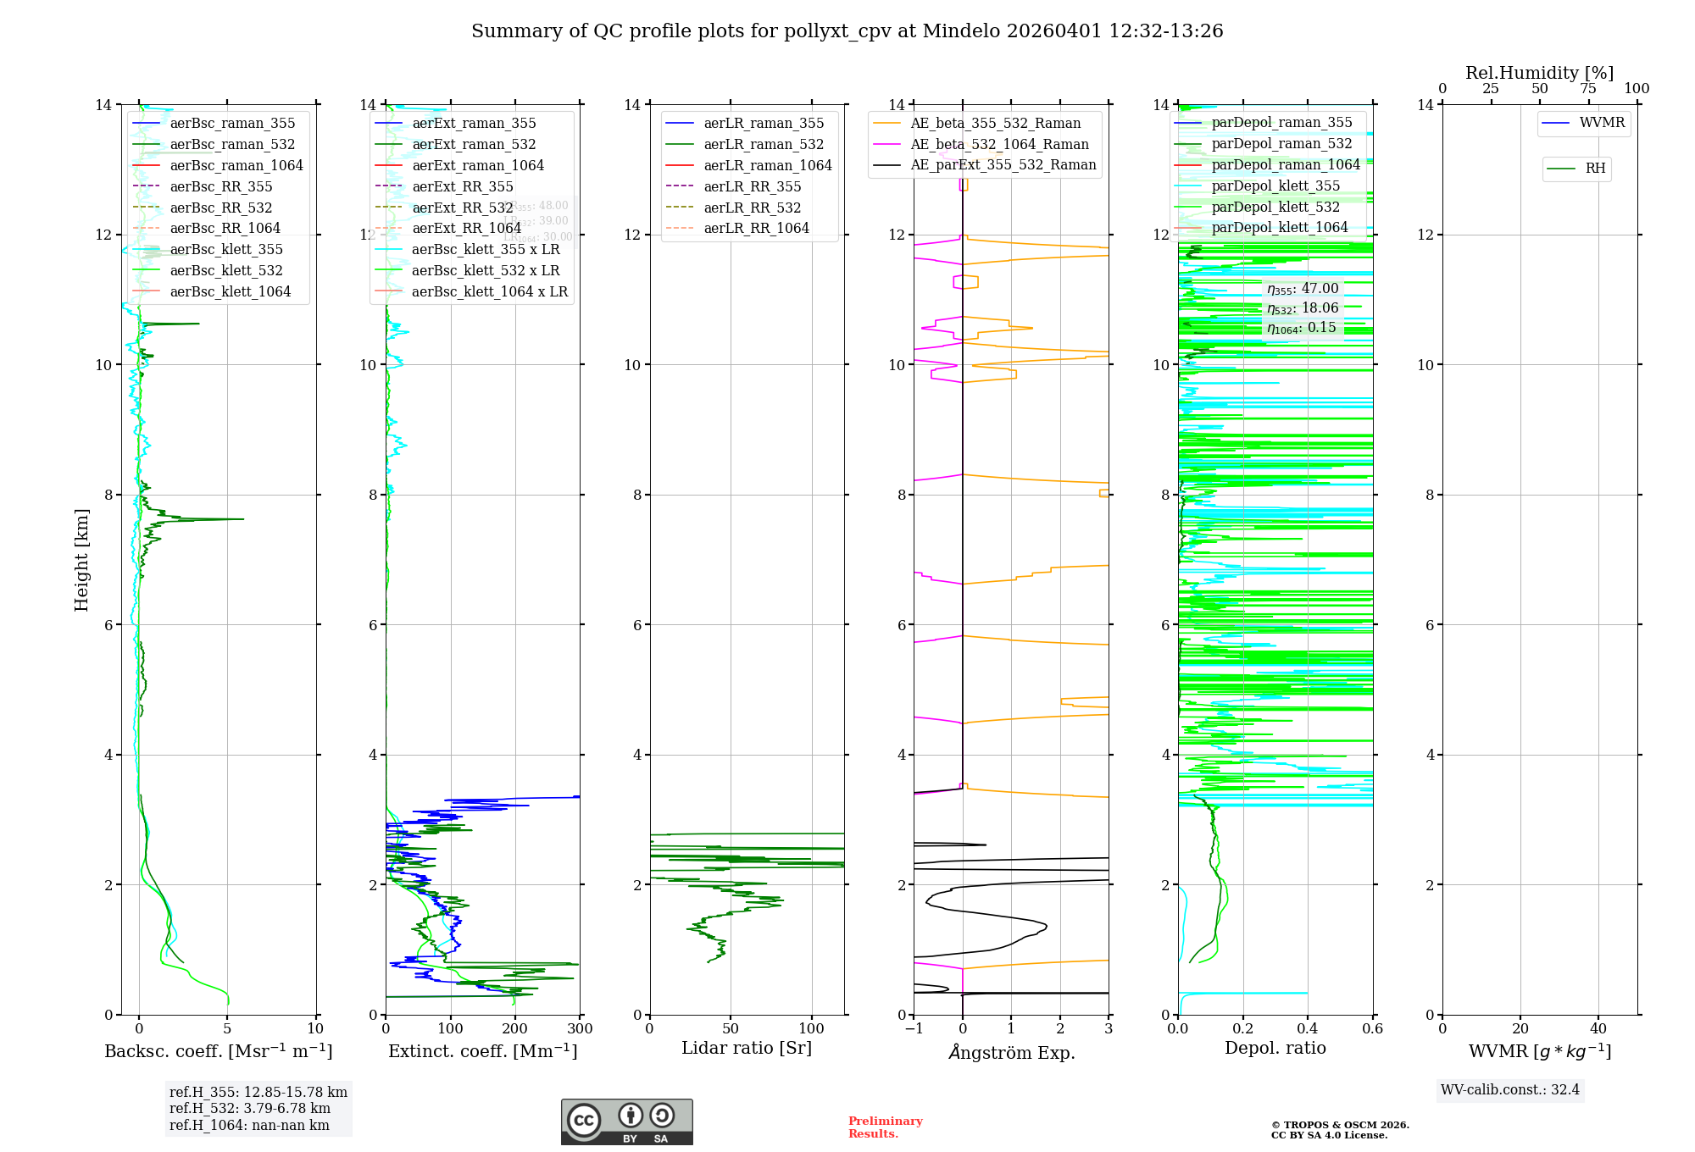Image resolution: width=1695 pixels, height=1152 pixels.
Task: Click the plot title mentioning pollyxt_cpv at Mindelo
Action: coord(847,31)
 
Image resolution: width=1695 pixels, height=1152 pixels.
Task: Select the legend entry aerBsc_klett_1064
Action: coord(230,291)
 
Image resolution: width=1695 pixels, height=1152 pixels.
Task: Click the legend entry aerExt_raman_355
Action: coord(474,124)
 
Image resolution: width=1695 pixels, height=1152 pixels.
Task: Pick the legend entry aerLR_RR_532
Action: coord(752,208)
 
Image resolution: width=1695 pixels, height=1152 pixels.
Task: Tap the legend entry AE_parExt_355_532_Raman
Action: coord(1003,165)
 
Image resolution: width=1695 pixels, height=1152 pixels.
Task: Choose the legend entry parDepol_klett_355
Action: coord(1275,186)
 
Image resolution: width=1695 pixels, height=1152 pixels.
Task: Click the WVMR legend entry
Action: coord(1601,123)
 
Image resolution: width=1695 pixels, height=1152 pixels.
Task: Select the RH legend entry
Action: coord(1595,169)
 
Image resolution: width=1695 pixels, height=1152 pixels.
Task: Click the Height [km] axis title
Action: coord(81,559)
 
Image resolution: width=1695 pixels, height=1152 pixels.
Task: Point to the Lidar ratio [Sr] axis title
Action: coord(746,1048)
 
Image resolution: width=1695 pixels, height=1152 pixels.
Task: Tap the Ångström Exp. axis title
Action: coord(1011,1052)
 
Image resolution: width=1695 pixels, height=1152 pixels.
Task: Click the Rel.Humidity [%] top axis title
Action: coord(1539,73)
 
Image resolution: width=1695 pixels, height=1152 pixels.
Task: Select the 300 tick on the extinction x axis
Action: coord(580,1028)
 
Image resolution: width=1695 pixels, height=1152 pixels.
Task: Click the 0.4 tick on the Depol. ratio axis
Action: coord(1308,1028)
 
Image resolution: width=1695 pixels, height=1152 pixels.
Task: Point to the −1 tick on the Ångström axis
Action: coord(914,1028)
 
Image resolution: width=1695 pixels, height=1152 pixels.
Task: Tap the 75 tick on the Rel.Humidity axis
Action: coord(1588,88)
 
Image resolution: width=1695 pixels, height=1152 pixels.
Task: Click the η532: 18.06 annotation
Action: coord(1303,308)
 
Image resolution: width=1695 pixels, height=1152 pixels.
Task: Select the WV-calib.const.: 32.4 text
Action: coord(1509,1089)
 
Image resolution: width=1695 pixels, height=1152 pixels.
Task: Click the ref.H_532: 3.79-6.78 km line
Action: coord(250,1109)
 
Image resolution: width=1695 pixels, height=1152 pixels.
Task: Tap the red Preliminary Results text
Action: coord(885,1127)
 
